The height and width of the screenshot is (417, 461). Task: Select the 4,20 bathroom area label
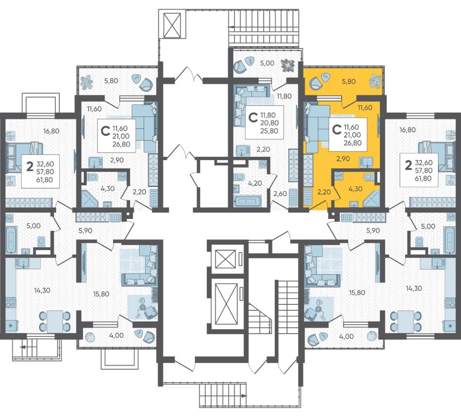(255, 183)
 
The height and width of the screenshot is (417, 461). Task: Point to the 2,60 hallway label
(280, 193)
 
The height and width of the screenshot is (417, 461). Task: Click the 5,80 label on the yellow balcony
(349, 82)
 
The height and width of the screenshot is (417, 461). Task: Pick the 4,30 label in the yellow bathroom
(355, 189)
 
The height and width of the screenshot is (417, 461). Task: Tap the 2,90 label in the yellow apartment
(343, 159)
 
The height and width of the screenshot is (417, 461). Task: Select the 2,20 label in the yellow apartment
(324, 192)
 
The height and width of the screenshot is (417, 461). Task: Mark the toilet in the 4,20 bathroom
(239, 177)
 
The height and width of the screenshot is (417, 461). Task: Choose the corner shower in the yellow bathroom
(372, 199)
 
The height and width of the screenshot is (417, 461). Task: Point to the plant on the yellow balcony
(376, 80)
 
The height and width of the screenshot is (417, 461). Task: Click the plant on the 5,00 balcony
(287, 65)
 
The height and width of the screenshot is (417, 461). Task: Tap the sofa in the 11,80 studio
(250, 101)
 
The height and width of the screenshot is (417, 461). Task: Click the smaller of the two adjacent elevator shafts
(226, 259)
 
